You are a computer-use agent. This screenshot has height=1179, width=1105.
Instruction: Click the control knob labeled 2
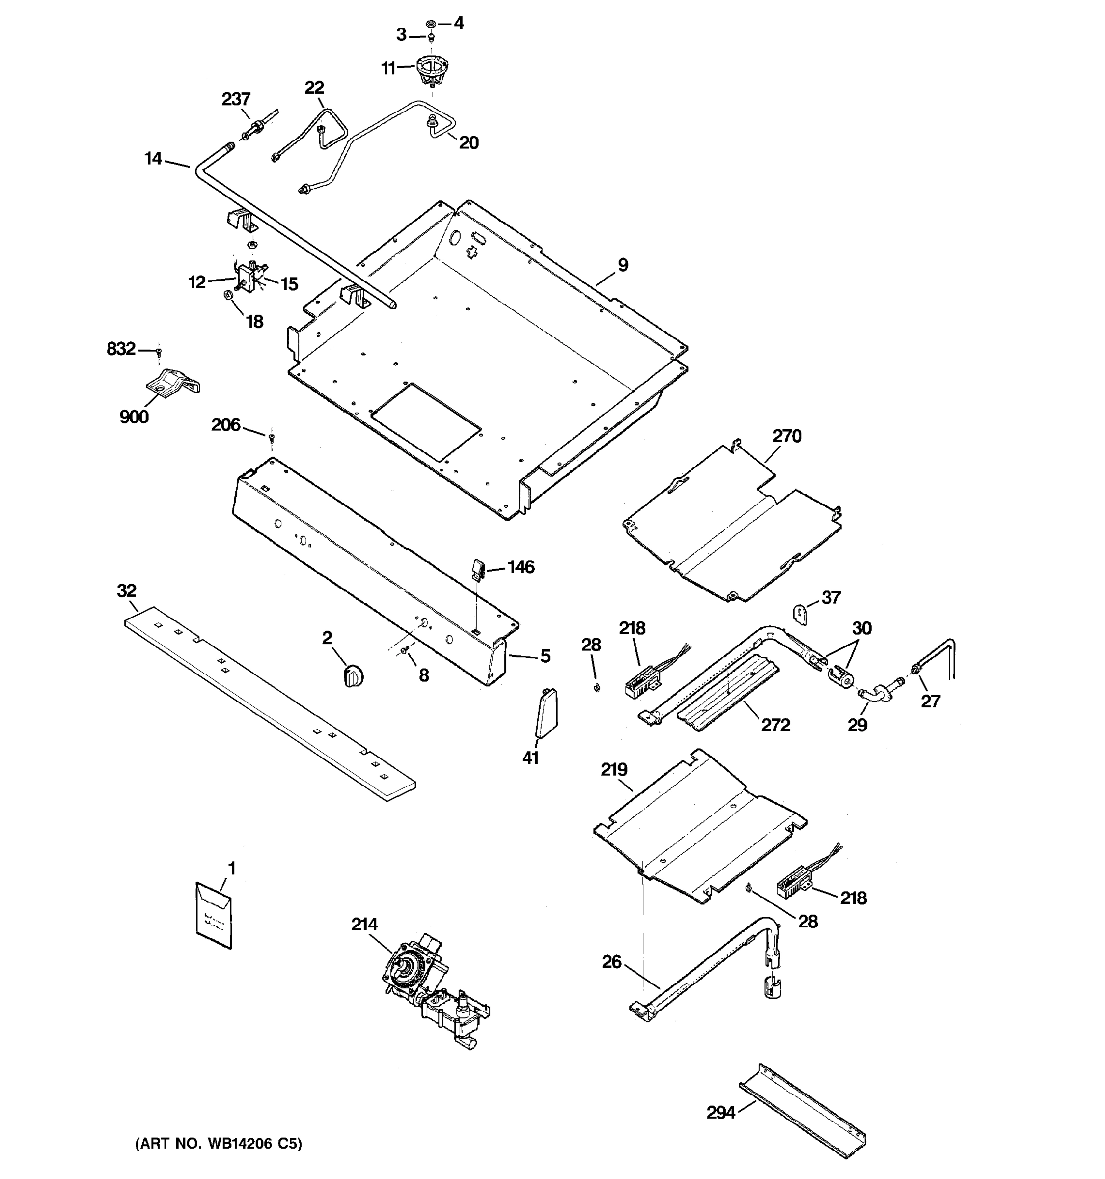point(353,676)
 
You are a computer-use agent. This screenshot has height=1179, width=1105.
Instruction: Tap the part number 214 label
point(364,925)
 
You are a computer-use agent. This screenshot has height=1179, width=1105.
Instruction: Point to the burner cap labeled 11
point(432,70)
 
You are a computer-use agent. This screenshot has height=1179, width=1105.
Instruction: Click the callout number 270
point(787,437)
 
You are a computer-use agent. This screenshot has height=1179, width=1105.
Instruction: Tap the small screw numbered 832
point(158,352)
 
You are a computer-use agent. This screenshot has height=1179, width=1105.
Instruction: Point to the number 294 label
point(720,1113)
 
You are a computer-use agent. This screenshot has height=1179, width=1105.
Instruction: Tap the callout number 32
point(126,590)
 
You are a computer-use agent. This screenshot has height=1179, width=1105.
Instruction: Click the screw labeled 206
point(272,438)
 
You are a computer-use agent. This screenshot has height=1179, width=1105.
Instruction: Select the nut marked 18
point(228,295)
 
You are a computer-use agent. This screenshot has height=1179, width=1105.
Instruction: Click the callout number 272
point(775,725)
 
